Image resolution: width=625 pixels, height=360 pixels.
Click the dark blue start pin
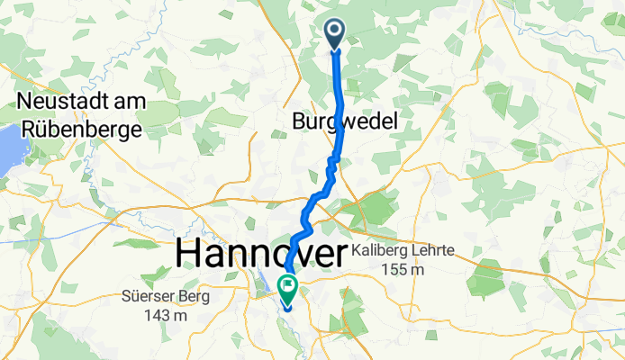click(334, 34)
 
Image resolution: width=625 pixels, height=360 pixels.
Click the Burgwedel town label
click(344, 122)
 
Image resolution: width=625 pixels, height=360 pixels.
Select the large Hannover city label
click(261, 253)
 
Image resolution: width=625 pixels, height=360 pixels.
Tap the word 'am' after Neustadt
click(122, 103)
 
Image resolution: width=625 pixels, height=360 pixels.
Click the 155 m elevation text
click(405, 270)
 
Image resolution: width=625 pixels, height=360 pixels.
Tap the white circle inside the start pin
click(334, 31)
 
